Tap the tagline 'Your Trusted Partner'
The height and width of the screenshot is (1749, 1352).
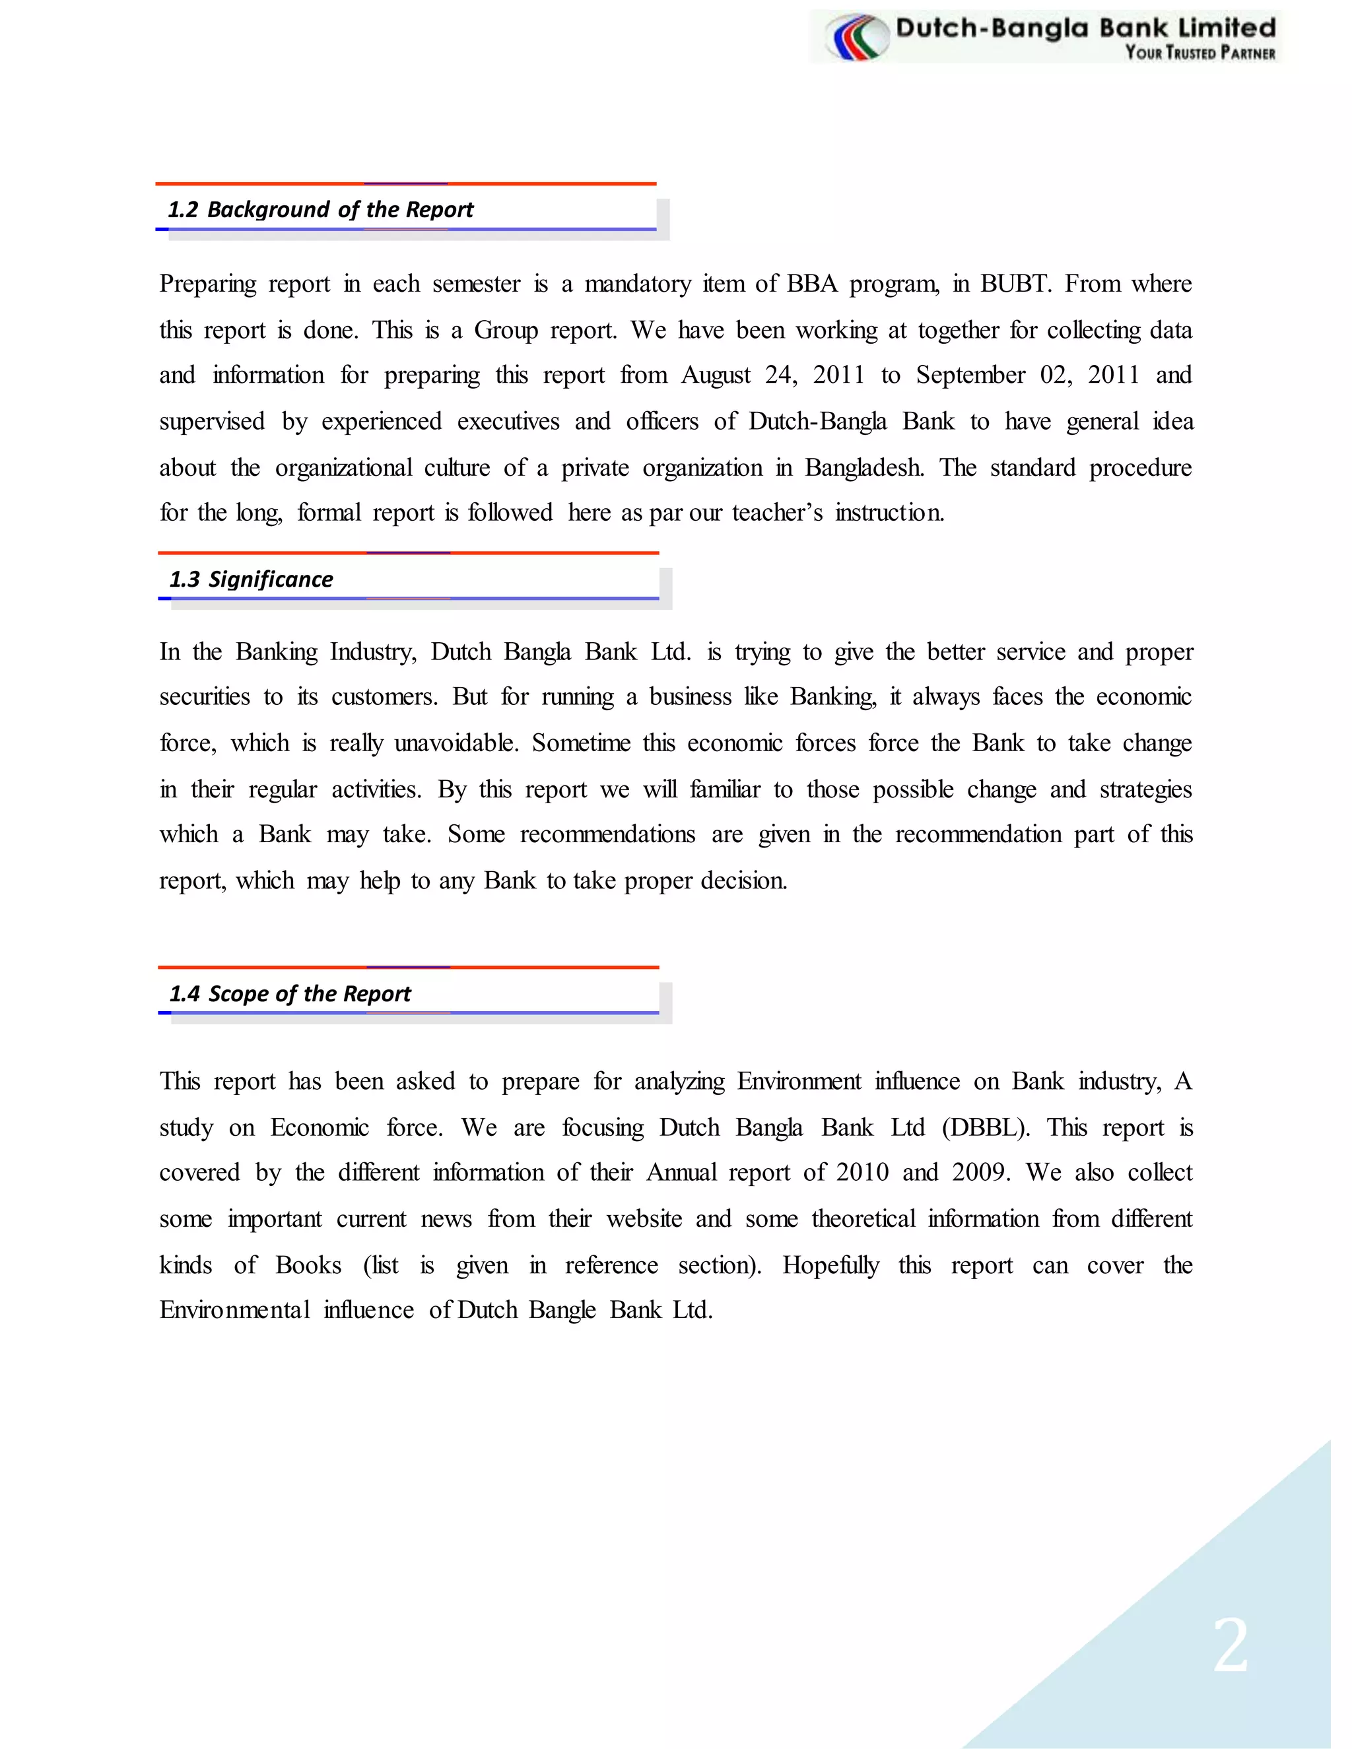pos(1199,53)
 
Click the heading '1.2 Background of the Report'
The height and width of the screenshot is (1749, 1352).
pos(320,210)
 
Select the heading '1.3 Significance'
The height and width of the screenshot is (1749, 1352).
pos(252,579)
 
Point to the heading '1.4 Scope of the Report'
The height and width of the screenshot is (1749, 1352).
pos(290,994)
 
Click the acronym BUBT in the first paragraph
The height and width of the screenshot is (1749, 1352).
pos(1015,284)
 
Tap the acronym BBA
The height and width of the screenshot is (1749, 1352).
pos(812,284)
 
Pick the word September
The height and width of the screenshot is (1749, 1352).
pos(970,375)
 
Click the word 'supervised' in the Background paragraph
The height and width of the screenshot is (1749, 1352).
pos(211,421)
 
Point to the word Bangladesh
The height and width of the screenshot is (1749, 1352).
pos(864,468)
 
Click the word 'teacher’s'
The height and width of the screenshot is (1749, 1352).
pos(777,513)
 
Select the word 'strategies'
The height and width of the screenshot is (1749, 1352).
pos(1145,789)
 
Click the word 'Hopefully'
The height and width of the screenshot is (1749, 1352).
pos(830,1265)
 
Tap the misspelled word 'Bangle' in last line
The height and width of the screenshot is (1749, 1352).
pos(562,1310)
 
